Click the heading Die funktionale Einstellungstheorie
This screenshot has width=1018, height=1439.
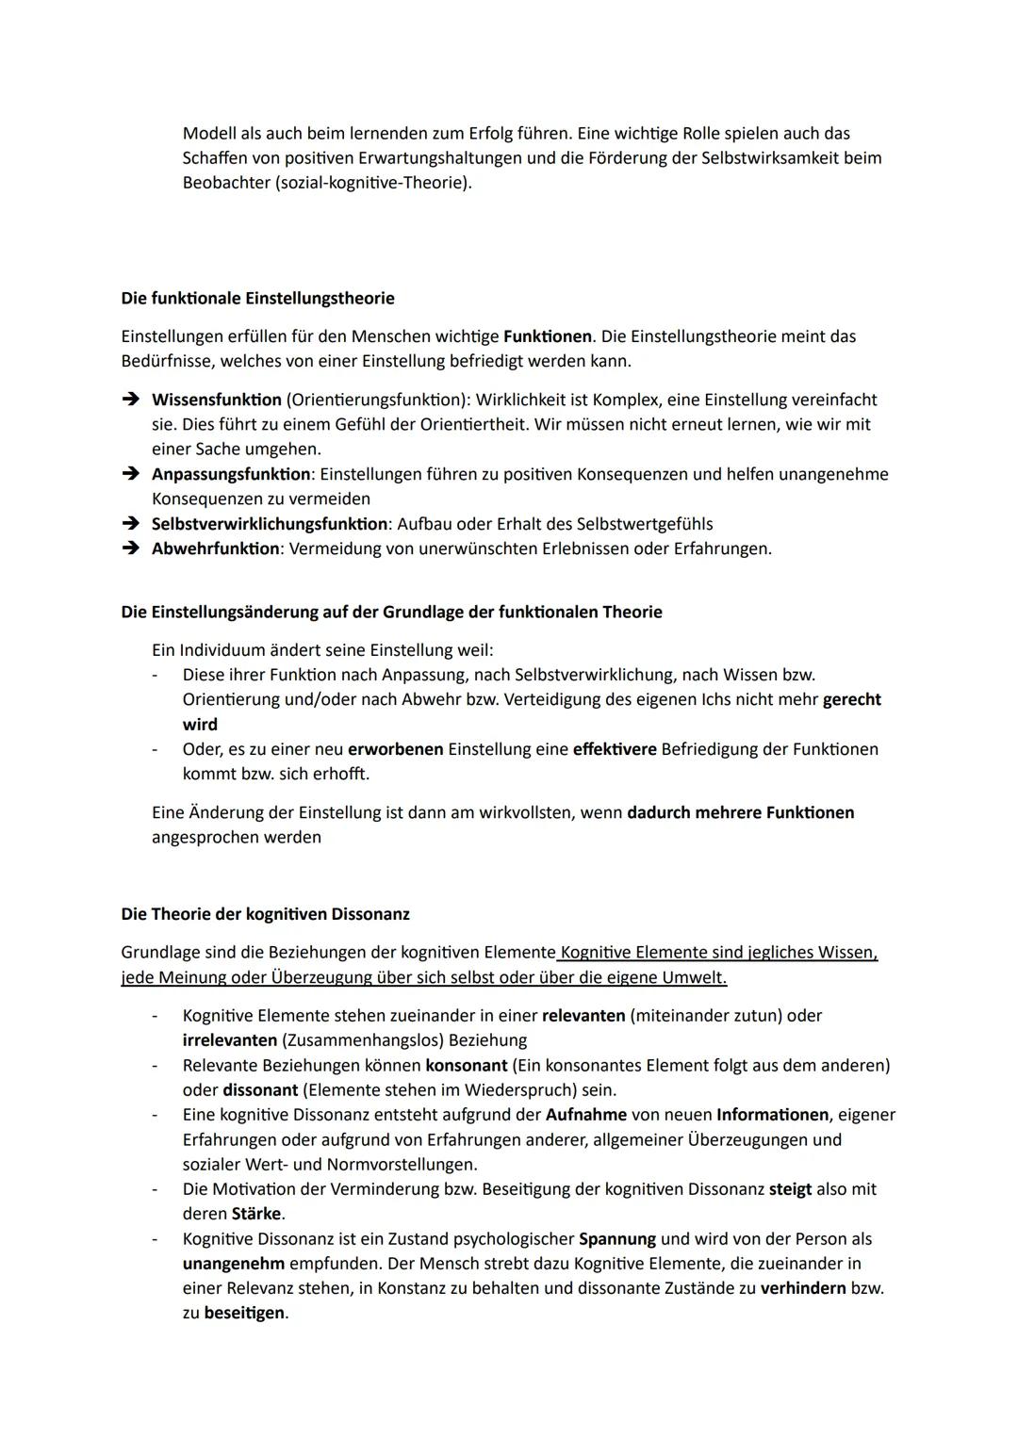click(x=257, y=298)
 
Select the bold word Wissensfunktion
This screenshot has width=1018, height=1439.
click(x=216, y=400)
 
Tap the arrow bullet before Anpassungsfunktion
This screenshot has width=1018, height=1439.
click(x=131, y=474)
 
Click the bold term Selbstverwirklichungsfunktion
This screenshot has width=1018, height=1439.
click(x=269, y=524)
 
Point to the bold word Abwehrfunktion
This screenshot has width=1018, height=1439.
click(x=215, y=548)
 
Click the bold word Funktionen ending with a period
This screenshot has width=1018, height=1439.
click(x=548, y=336)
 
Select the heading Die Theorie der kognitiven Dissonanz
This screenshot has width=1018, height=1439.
click(x=265, y=914)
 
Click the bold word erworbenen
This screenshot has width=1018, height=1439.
click(x=395, y=749)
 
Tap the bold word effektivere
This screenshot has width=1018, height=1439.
click(x=614, y=749)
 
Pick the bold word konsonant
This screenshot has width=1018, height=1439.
click(x=466, y=1066)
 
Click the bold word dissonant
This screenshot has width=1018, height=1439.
click(x=259, y=1090)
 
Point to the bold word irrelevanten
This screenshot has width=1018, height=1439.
click(x=229, y=1040)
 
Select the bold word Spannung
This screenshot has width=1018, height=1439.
click(x=616, y=1239)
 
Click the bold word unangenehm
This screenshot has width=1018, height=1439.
click(x=233, y=1264)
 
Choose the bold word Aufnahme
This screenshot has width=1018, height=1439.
click(x=585, y=1115)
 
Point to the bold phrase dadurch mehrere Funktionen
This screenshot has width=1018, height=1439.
click(x=740, y=812)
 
